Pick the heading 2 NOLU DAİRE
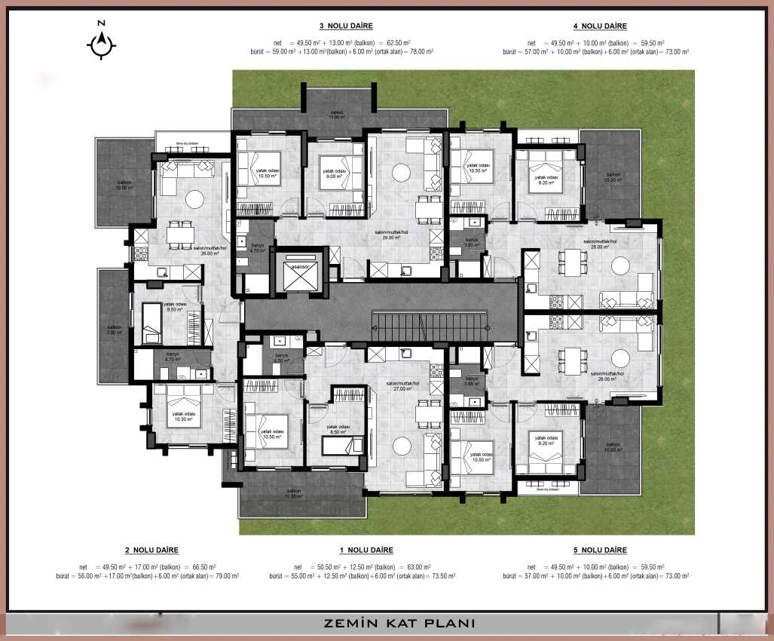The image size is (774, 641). [x=151, y=551]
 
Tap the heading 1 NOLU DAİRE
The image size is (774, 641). [x=366, y=551]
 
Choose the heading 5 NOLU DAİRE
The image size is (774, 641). [x=600, y=551]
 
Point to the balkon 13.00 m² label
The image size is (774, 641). [x=336, y=115]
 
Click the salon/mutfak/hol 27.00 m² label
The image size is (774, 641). [x=399, y=386]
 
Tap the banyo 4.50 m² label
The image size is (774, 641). [x=281, y=358]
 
